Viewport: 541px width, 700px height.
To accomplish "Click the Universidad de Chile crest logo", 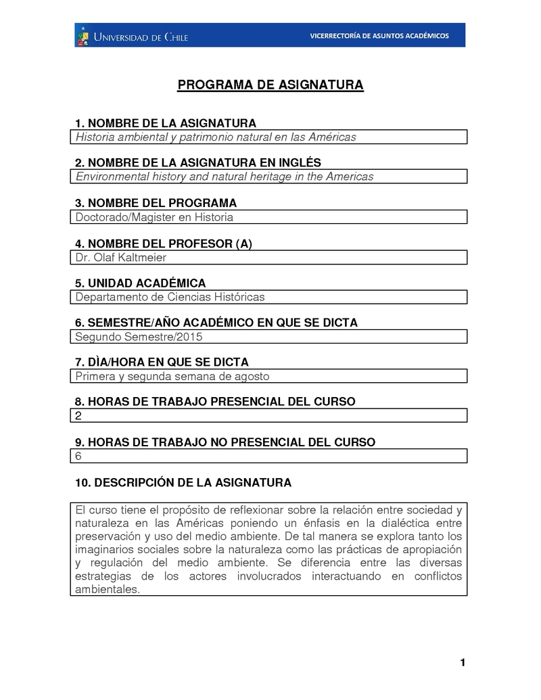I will [83, 35].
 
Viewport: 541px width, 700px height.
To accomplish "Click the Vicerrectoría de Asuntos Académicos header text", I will [379, 36].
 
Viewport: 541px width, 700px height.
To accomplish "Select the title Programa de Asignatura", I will [270, 85].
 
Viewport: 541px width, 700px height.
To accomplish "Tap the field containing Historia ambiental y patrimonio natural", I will [268, 137].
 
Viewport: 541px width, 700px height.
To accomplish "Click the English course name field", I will [268, 177].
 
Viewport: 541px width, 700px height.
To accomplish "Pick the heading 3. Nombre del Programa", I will [156, 203].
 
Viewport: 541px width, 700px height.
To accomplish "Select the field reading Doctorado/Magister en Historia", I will [268, 217].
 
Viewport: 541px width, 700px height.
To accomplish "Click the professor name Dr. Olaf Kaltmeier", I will [121, 257].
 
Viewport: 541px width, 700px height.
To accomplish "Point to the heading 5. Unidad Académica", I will [140, 283].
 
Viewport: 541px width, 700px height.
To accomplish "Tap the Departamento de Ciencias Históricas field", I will [268, 297].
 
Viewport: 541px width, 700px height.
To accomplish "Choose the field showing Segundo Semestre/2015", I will [268, 336].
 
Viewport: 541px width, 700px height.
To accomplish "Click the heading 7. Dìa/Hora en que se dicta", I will [162, 362].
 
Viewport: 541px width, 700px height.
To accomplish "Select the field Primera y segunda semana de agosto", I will [268, 376].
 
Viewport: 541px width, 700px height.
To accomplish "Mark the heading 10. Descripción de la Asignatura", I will [183, 482].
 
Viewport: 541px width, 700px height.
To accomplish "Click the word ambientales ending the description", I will [107, 588].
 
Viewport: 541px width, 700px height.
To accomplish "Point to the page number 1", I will [463, 662].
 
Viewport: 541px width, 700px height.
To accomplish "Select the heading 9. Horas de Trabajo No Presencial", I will [225, 442].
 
